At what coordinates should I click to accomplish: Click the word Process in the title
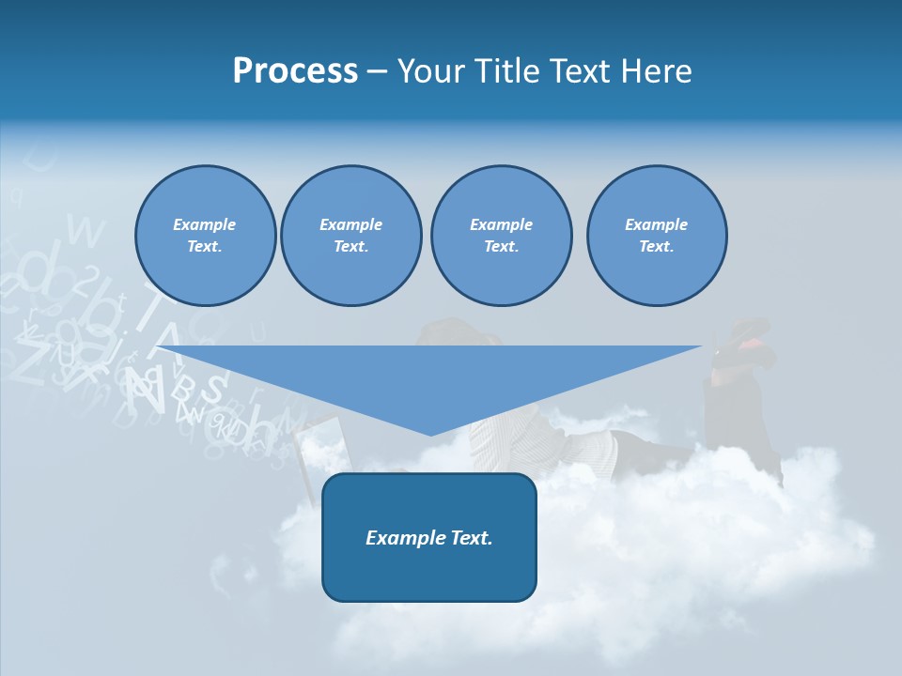[295, 71]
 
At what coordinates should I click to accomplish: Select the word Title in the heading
[512, 71]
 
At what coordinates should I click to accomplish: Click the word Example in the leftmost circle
[205, 224]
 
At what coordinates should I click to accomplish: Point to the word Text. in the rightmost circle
[657, 247]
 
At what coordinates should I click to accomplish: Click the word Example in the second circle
[350, 224]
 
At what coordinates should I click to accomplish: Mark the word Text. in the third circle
[501, 247]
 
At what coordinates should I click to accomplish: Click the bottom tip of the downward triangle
[430, 433]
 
